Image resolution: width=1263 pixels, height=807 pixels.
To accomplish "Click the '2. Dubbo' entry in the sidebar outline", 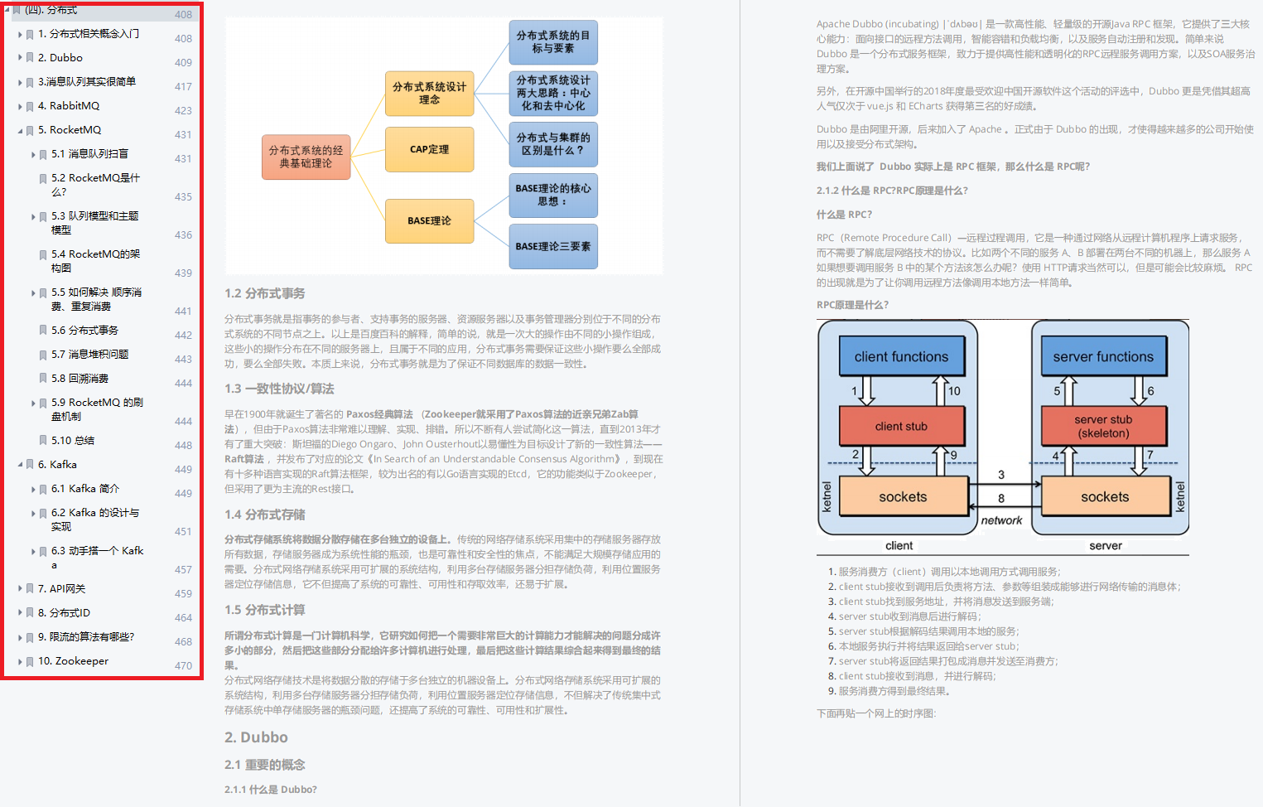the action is point(60,58).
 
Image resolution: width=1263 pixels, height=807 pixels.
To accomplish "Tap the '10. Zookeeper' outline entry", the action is point(73,661).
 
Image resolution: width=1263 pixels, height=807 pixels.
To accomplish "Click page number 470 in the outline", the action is point(183,666).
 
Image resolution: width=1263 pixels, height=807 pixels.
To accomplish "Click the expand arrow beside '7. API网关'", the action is point(20,589).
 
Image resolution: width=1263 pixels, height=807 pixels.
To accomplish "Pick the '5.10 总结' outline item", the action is point(73,441).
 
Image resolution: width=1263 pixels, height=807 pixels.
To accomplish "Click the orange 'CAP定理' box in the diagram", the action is point(429,150).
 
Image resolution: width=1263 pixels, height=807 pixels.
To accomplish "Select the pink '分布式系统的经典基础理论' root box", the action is point(306,157).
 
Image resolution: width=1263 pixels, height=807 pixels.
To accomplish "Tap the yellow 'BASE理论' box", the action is point(429,221).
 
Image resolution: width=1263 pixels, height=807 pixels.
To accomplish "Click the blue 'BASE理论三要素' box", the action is point(552,247).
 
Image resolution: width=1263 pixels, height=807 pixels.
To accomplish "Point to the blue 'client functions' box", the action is point(901,357).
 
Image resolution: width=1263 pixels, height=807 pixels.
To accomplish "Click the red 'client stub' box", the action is point(901,427).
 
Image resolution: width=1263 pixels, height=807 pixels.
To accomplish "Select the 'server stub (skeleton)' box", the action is point(1103,427).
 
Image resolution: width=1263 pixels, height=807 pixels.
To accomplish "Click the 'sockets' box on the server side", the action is point(1104,497).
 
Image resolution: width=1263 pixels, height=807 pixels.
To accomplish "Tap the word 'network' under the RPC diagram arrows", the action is point(1001,521).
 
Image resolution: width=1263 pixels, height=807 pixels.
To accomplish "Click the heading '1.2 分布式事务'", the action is point(265,294).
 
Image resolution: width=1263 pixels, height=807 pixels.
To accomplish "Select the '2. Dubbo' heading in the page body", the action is point(256,737).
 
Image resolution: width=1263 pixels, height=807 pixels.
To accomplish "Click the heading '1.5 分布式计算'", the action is point(265,611).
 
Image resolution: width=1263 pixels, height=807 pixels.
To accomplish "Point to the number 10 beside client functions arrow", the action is point(954,391).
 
